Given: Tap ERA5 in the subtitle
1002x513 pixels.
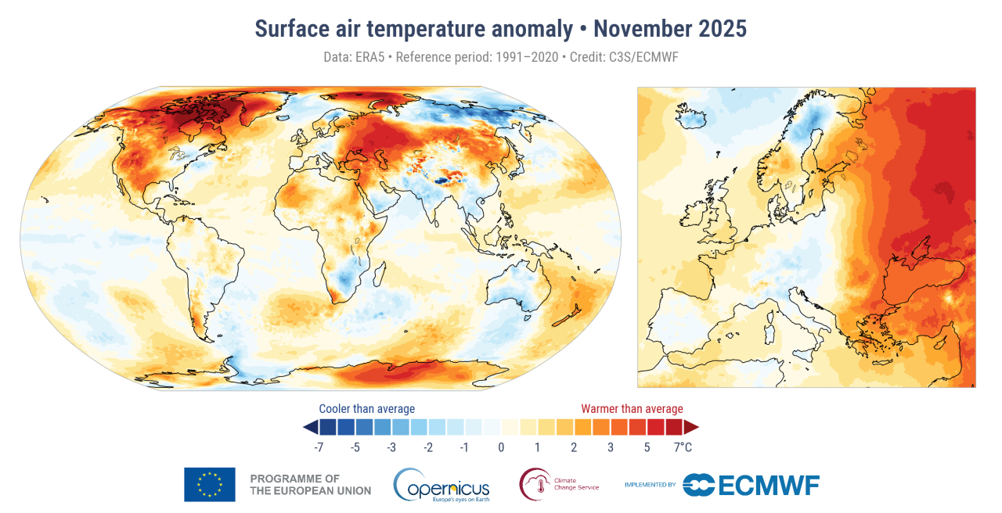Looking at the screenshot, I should pyautogui.click(x=367, y=57).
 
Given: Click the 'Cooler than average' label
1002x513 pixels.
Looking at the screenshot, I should pyautogui.click(x=366, y=409).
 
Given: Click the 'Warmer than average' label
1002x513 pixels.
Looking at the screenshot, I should pyautogui.click(x=632, y=409).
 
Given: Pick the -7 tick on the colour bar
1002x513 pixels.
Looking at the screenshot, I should pyautogui.click(x=319, y=447).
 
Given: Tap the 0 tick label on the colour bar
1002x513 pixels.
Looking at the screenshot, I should pyautogui.click(x=501, y=447).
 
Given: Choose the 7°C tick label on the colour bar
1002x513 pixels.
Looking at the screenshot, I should pyautogui.click(x=683, y=447).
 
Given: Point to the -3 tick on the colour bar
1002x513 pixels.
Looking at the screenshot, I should pyautogui.click(x=391, y=447).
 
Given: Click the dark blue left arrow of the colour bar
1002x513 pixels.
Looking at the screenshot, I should pyautogui.click(x=310, y=427).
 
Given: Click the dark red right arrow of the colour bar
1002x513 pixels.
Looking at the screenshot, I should pyautogui.click(x=690, y=427).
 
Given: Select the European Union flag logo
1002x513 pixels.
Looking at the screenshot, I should pyautogui.click(x=209, y=484).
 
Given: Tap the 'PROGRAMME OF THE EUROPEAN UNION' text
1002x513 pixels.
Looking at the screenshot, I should pyautogui.click(x=310, y=484).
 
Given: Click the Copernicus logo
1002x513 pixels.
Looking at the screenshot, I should pyautogui.click(x=442, y=485).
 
